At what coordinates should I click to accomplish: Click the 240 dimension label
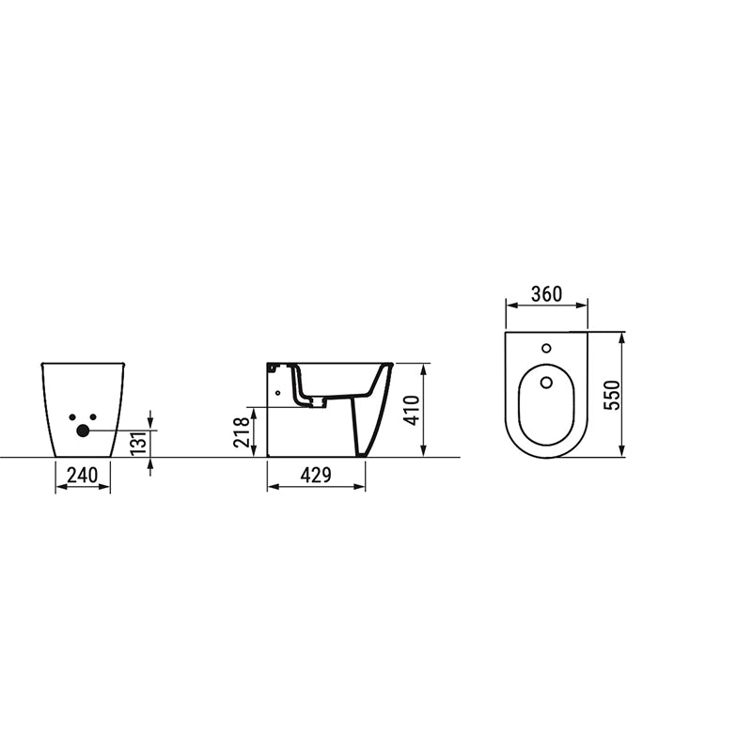tap(82, 476)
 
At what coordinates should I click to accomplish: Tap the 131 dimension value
tap(138, 443)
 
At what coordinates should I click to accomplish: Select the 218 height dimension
tap(242, 432)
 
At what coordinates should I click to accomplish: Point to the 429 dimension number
tap(316, 476)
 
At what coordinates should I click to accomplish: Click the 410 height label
tap(412, 410)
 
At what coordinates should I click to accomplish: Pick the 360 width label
tap(546, 294)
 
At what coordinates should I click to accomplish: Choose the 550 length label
tap(612, 395)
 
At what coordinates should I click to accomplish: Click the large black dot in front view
tap(83, 431)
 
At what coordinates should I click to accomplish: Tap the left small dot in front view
tap(72, 417)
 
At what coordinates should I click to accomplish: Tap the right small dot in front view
tap(93, 417)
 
